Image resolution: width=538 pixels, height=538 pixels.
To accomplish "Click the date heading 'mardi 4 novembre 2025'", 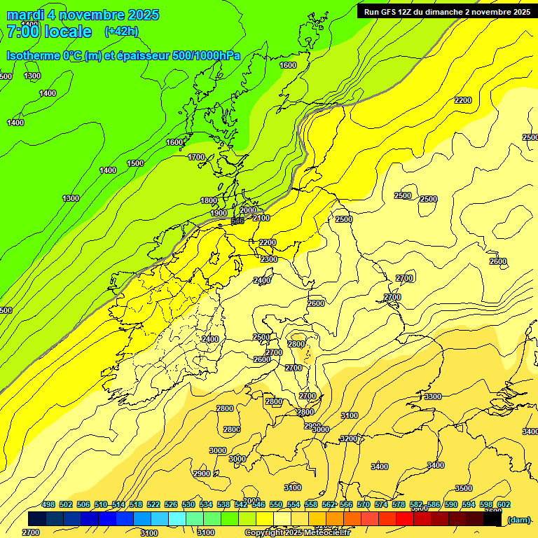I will [x=83, y=15].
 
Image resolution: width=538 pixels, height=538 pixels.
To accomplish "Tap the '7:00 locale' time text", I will [x=49, y=32].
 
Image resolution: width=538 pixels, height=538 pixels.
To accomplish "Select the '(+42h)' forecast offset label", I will [x=121, y=32].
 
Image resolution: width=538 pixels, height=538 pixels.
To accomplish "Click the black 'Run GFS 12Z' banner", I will [x=446, y=11].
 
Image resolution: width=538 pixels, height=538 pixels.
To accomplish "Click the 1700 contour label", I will [x=197, y=157].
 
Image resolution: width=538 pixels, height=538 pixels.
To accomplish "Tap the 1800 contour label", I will [x=209, y=200].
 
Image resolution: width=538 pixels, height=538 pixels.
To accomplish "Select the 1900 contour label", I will [x=219, y=213].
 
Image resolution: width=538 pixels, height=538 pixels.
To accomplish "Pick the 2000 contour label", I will [x=248, y=210].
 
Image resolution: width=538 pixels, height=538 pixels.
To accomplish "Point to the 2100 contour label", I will [x=261, y=218].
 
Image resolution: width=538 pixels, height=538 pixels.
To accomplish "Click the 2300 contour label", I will [x=269, y=259].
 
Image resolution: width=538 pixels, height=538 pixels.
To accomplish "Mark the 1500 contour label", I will [x=135, y=163].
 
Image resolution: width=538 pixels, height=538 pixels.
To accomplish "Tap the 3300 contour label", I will [x=433, y=396].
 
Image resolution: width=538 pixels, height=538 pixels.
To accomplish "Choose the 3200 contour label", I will [x=348, y=439].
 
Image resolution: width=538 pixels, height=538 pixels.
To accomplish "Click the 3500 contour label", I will [x=464, y=488].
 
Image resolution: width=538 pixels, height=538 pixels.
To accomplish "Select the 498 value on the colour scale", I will [x=48, y=504].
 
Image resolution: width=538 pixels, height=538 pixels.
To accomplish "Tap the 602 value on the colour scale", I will [x=503, y=504].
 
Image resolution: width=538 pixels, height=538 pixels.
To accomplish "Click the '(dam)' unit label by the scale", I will [x=518, y=519].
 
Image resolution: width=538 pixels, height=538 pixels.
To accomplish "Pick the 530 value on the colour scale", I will [x=188, y=504].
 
